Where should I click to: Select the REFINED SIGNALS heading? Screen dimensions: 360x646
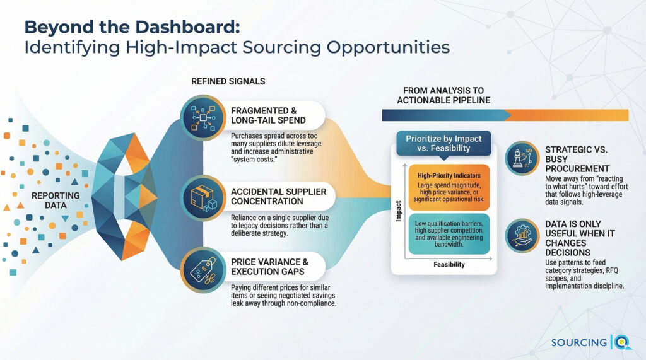tap(228, 81)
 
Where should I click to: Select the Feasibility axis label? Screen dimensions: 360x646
tap(449, 265)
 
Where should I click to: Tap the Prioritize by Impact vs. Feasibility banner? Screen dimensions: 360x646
tap(443, 143)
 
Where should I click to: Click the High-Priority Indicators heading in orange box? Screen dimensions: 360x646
tap(450, 175)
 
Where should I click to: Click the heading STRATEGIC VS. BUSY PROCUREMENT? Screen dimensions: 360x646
tap(577, 160)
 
